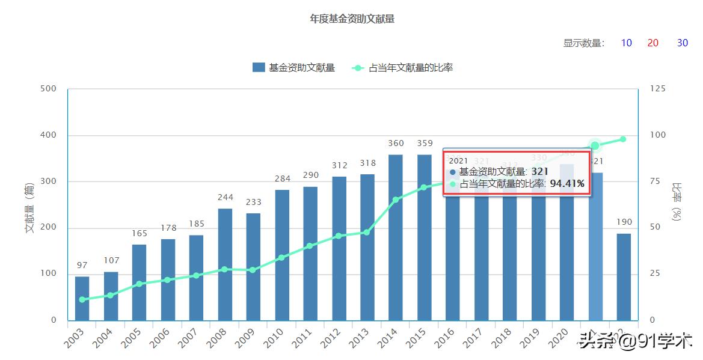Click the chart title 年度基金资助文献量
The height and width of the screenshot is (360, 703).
click(x=352, y=19)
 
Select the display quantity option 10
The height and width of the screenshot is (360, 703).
click(x=626, y=43)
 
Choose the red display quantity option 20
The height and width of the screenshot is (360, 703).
click(x=652, y=43)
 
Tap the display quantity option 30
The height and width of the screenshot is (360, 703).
click(x=683, y=43)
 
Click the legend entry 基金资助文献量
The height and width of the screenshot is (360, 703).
click(x=294, y=68)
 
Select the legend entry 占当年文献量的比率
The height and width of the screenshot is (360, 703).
click(x=402, y=68)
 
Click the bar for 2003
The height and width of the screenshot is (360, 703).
click(x=82, y=298)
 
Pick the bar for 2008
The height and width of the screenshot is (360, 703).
click(x=225, y=264)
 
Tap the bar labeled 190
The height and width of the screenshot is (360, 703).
click(x=624, y=276)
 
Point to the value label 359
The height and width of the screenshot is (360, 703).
click(x=425, y=144)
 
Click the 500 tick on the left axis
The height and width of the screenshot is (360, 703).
click(x=48, y=89)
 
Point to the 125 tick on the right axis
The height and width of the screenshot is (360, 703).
click(x=658, y=89)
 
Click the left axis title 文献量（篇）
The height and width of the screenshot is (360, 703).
click(x=29, y=207)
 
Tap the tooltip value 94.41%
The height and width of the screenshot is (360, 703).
click(x=567, y=184)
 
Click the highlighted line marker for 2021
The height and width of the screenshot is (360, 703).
click(x=595, y=145)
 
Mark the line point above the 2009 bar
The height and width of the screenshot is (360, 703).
click(x=253, y=270)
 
